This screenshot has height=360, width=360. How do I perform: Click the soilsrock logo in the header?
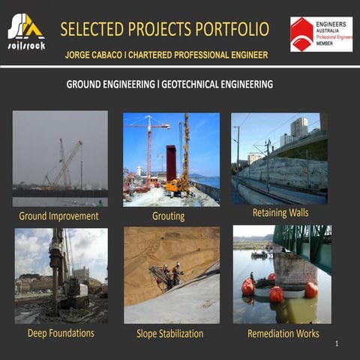(26, 31)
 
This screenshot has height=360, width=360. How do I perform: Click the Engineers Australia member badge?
(321, 34)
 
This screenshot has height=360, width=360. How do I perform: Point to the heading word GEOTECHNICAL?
(200, 84)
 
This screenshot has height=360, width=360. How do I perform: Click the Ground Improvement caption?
(58, 216)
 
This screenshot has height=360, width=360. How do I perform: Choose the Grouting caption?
(168, 217)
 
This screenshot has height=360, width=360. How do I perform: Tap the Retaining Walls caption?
(280, 212)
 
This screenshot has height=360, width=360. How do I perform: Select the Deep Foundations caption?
(61, 332)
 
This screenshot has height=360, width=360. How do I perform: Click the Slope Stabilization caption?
(169, 333)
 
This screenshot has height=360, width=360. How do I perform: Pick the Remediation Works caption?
(283, 333)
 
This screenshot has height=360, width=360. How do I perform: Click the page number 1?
(337, 343)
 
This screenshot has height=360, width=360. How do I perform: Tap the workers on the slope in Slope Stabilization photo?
(169, 274)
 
